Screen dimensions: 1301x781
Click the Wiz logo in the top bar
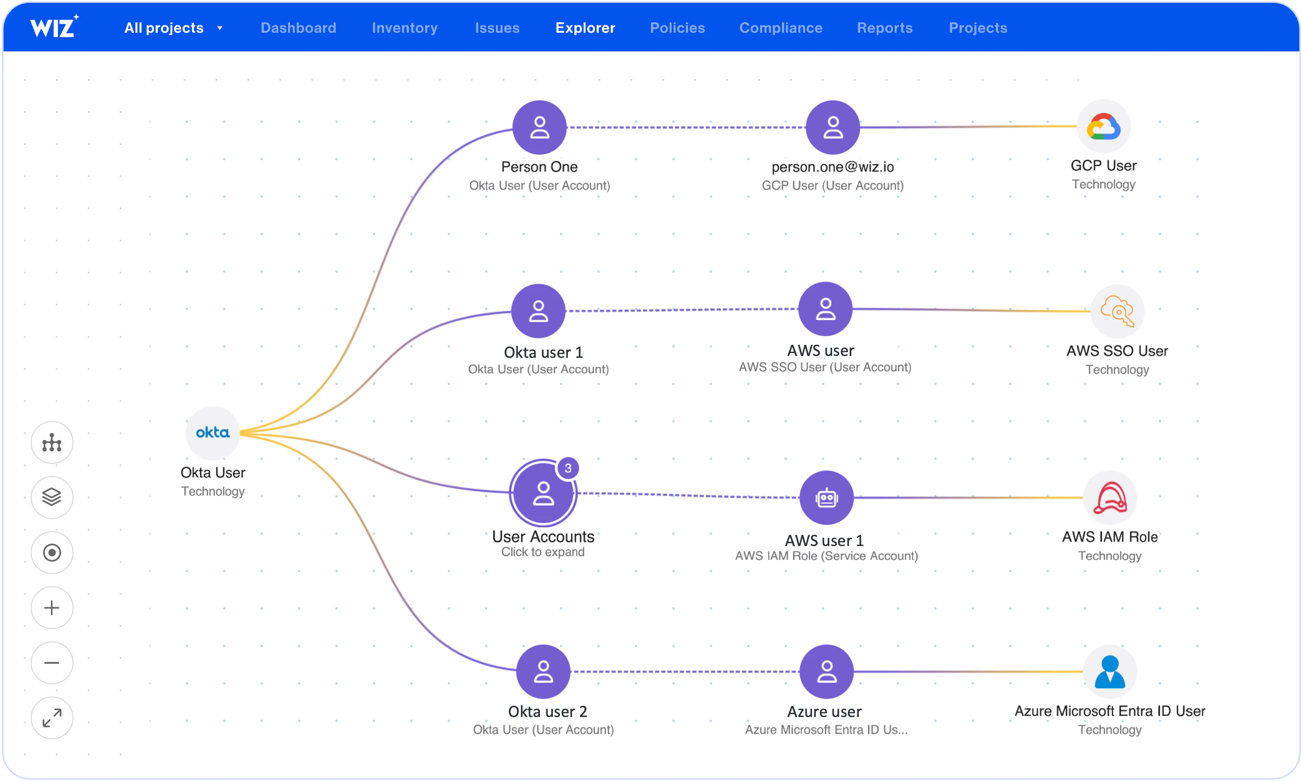pos(54,26)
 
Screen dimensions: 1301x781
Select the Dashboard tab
pos(298,28)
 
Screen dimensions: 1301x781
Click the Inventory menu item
pos(404,28)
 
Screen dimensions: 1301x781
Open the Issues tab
pos(497,28)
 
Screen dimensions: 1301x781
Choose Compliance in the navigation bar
pos(781,28)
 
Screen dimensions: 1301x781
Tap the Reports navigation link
pos(884,28)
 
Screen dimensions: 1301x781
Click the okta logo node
pos(212,433)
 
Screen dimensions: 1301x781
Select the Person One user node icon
pos(539,128)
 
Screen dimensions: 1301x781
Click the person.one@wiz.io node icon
pos(832,128)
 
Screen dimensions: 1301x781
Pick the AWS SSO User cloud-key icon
pos(1117,312)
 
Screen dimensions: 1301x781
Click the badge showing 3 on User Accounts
pos(568,468)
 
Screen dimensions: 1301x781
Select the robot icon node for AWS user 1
pos(826,497)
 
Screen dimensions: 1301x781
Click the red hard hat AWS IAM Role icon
pos(1110,497)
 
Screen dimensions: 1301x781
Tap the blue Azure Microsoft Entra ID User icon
pos(1110,672)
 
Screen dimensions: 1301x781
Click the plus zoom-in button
pos(51,608)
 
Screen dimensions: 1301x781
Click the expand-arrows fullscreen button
pos(51,718)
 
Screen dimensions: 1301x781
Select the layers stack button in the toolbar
pos(51,497)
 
